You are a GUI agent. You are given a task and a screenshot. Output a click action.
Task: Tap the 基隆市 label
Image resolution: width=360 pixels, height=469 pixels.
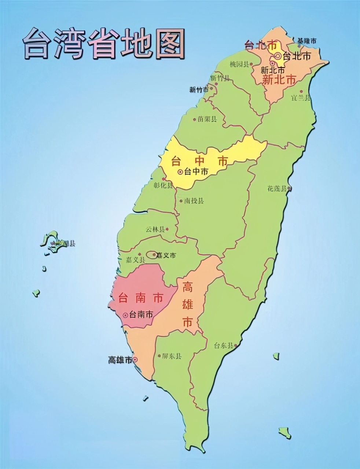click(x=306, y=41)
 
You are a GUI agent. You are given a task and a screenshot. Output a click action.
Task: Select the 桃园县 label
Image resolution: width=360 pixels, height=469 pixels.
click(x=239, y=64)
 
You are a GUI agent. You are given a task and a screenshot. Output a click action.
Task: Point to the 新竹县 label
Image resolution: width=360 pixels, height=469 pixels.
click(x=220, y=78)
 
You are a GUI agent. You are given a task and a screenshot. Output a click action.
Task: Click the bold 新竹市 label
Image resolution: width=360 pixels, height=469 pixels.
click(x=199, y=89)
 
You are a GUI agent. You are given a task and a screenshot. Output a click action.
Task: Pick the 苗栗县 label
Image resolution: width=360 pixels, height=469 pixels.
click(x=207, y=119)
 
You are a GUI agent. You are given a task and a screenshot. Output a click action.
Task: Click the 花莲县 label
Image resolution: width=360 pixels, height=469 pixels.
click(x=276, y=189)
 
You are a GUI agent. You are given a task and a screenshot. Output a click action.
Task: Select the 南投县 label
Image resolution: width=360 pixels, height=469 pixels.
click(x=194, y=201)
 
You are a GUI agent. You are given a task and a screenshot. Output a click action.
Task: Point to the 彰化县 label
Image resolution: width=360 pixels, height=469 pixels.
click(x=163, y=185)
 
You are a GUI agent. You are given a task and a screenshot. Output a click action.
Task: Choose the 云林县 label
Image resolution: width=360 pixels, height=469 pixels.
click(x=155, y=229)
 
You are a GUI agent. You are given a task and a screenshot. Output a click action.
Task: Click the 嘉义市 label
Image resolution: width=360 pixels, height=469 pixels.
click(x=166, y=255)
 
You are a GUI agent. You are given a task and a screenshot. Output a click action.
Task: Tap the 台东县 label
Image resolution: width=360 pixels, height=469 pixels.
click(x=223, y=345)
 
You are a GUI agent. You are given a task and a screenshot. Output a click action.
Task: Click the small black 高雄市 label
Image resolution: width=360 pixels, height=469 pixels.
click(x=120, y=360)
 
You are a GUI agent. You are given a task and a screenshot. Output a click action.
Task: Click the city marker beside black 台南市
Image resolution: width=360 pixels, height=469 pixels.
click(x=125, y=314)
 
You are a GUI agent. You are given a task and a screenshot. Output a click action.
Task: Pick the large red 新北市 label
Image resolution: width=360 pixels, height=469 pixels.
click(x=279, y=80)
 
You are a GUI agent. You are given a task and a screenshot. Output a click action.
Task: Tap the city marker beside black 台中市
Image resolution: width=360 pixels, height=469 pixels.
click(x=180, y=171)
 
